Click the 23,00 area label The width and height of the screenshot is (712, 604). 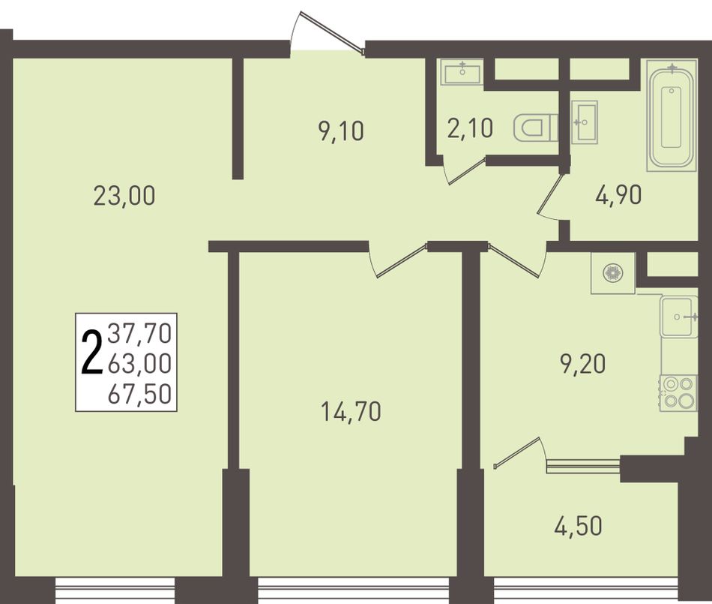[x=124, y=197]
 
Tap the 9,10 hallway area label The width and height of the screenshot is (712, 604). [x=342, y=132]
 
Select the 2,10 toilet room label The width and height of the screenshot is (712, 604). [x=470, y=128]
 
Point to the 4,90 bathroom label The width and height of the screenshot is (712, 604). [x=618, y=195]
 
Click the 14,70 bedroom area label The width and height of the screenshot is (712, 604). [x=351, y=412]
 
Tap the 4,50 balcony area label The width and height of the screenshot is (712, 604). [x=578, y=526]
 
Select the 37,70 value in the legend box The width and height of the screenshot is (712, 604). [x=140, y=332]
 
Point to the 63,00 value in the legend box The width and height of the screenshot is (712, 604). [x=140, y=364]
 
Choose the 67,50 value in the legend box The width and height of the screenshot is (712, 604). [x=140, y=394]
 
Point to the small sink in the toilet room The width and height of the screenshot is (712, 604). [x=462, y=72]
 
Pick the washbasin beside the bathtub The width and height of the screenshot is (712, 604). [x=584, y=122]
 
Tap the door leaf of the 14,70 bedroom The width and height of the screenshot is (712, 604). [x=402, y=261]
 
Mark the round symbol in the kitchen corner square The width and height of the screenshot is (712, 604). [x=612, y=273]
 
